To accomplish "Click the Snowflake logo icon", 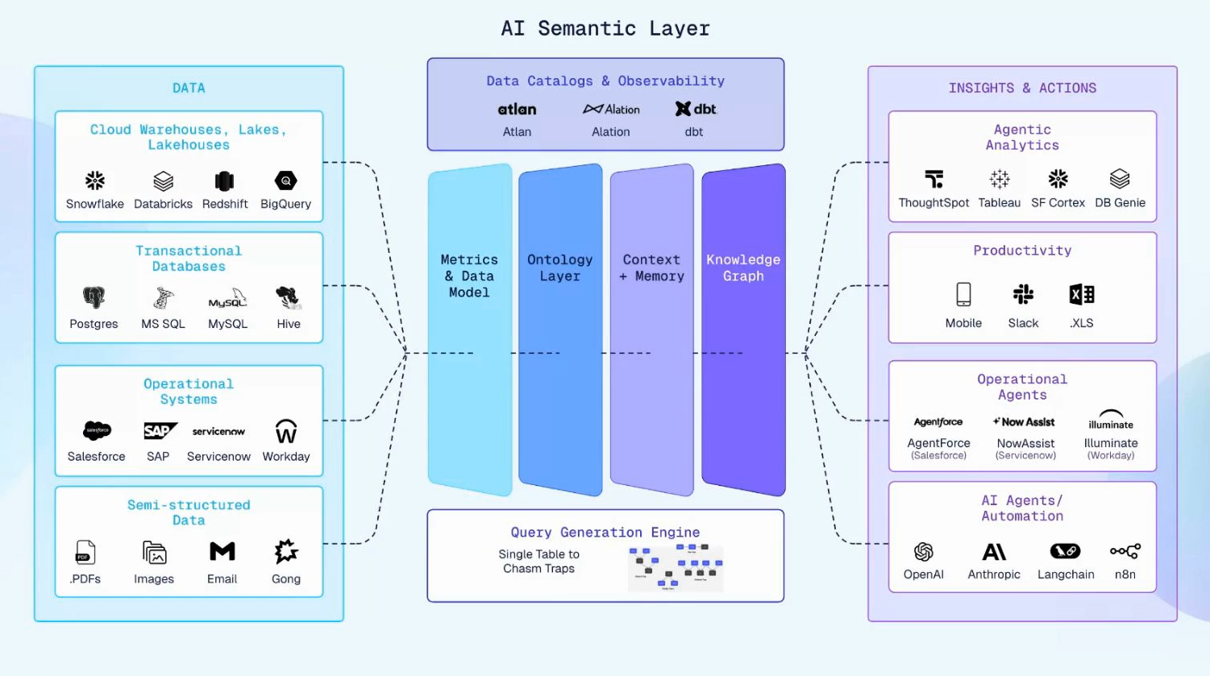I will pyautogui.click(x=95, y=180).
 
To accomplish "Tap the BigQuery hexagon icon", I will pyautogui.click(x=285, y=180).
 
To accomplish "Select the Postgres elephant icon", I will pyautogui.click(x=94, y=298).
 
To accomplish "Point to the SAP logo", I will pyautogui.click(x=159, y=431).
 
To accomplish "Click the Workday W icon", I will pyautogui.click(x=286, y=431).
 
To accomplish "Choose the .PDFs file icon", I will pyautogui.click(x=85, y=552).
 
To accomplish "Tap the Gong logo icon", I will pyautogui.click(x=286, y=552).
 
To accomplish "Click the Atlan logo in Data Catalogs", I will pyautogui.click(x=517, y=109).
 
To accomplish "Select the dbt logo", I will pyautogui.click(x=695, y=109).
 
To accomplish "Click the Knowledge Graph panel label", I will pyautogui.click(x=743, y=267).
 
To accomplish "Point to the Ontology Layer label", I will pyautogui.click(x=559, y=267).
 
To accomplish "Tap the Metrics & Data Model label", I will pyautogui.click(x=469, y=276).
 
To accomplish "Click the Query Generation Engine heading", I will pyautogui.click(x=605, y=532).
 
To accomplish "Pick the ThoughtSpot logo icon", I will pyautogui.click(x=933, y=179).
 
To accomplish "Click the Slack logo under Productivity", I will pyautogui.click(x=1023, y=295).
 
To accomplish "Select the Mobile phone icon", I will pyautogui.click(x=963, y=295).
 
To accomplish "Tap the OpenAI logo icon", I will pyautogui.click(x=924, y=551).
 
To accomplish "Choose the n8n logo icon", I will pyautogui.click(x=1125, y=551).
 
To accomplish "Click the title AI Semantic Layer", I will pyautogui.click(x=605, y=28).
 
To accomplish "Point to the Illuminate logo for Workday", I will pyautogui.click(x=1111, y=420).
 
